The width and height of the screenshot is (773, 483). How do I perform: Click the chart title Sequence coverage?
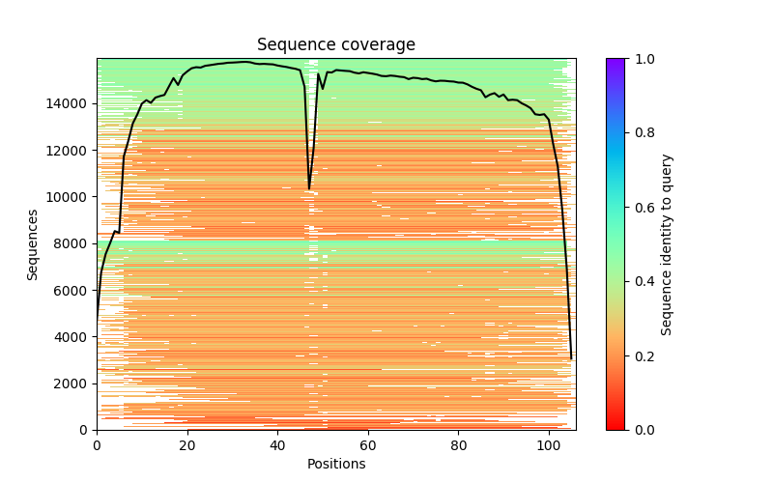[x=335, y=45]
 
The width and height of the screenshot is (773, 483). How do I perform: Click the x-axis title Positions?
[x=335, y=464]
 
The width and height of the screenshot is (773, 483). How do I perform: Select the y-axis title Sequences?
[x=33, y=244]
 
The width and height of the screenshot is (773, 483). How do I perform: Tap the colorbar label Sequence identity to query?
[x=667, y=244]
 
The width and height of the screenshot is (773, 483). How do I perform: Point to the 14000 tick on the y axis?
[x=71, y=103]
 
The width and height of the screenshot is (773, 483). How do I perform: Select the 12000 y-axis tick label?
[x=71, y=151]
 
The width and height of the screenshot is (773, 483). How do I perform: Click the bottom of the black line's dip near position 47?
[x=309, y=188]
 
